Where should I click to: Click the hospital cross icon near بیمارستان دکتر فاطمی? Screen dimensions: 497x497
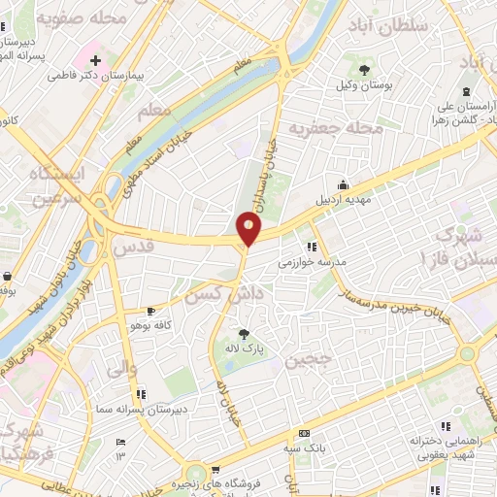(95, 60)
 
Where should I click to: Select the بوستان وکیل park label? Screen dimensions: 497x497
(365, 86)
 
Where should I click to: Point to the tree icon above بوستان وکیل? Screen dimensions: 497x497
(364, 70)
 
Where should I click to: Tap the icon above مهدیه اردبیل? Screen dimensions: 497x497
(343, 185)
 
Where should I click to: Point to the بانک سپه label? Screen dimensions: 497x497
(304, 448)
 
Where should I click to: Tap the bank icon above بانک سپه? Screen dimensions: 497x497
(305, 434)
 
